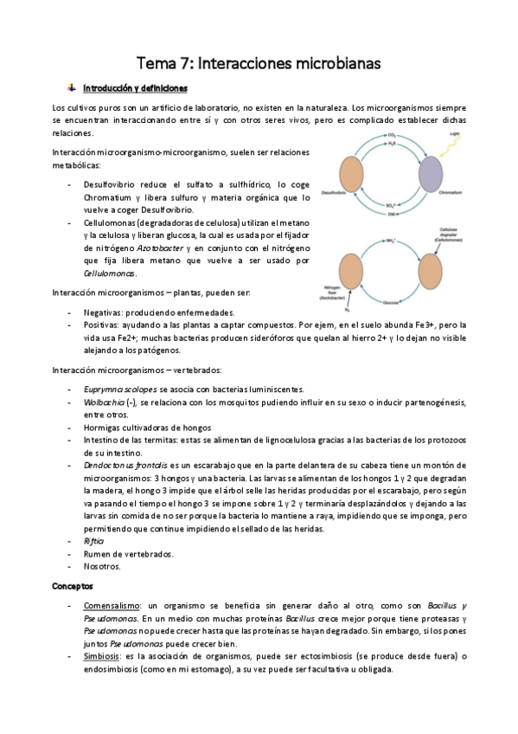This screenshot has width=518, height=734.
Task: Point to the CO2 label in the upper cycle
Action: coord(392,136)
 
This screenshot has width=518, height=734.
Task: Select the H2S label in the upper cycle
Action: coord(392,147)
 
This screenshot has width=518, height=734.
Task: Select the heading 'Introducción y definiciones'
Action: coord(134,88)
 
